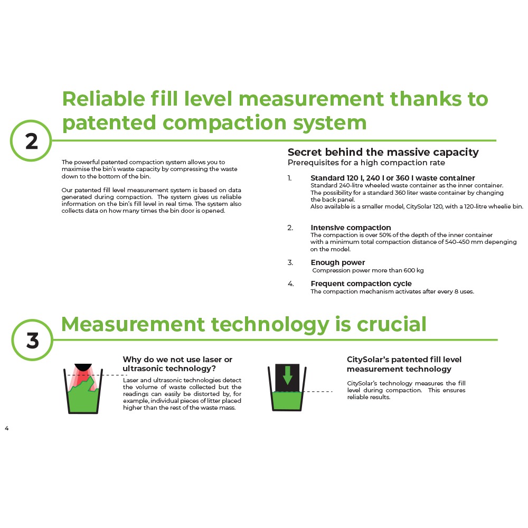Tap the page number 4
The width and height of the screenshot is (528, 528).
tap(7, 428)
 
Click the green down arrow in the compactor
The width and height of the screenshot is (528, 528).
tap(287, 375)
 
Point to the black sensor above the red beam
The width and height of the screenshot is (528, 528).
tap(83, 366)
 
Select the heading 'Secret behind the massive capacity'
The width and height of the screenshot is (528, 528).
tap(383, 152)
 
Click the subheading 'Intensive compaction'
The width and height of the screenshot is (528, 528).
tap(351, 228)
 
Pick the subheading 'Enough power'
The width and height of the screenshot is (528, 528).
tap(338, 262)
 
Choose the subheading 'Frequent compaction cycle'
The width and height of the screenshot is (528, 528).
tap(361, 284)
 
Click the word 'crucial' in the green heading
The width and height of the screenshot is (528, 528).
tap(391, 324)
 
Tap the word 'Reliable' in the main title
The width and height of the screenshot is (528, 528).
tap(103, 99)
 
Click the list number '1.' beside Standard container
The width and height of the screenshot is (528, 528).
tap(289, 178)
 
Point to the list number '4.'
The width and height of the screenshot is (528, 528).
tap(290, 284)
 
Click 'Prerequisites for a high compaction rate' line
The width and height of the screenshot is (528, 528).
tap(366, 163)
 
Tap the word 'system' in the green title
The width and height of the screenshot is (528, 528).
tap(329, 123)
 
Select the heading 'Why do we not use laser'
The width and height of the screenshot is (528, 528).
tap(177, 360)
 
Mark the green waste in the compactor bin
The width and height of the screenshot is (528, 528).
tap(287, 401)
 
